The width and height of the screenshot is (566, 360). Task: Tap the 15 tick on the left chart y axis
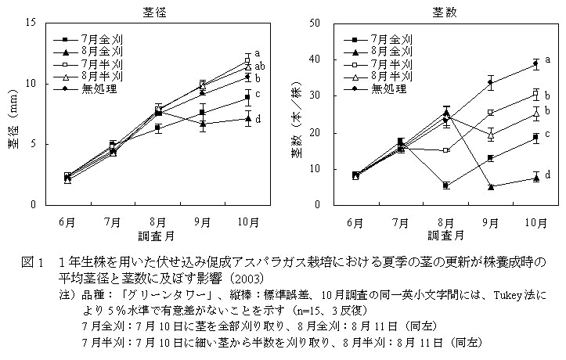31,23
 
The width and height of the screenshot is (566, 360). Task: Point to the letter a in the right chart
547,59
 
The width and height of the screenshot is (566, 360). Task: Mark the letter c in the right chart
547,134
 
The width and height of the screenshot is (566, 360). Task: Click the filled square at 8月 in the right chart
445,185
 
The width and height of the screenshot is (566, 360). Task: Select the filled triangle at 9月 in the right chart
491,186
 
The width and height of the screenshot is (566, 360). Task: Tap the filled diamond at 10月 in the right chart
535,63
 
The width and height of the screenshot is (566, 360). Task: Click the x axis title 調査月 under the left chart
157,234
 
